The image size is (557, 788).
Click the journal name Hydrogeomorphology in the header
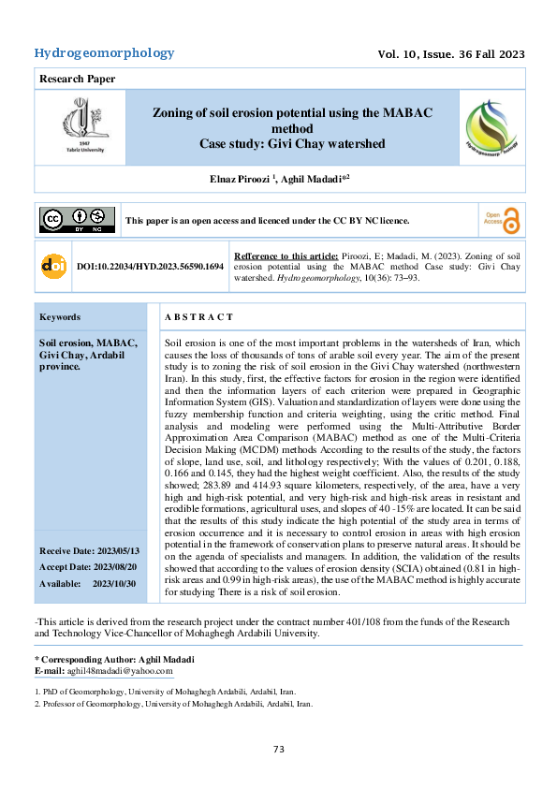(x=104, y=53)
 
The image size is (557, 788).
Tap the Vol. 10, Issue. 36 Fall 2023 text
(x=450, y=54)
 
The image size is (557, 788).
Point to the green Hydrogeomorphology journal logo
(x=491, y=127)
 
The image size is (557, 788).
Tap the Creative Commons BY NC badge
(x=77, y=220)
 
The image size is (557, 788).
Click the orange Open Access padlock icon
(x=502, y=219)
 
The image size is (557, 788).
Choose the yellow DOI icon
(x=54, y=266)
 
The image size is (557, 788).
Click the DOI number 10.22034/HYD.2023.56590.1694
(x=151, y=267)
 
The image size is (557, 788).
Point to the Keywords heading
(x=59, y=317)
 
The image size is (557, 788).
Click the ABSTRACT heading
(x=198, y=318)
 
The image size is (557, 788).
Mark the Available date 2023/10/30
(x=88, y=583)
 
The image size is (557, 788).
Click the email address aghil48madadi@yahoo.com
(x=120, y=671)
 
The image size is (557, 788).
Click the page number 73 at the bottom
(x=278, y=749)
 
